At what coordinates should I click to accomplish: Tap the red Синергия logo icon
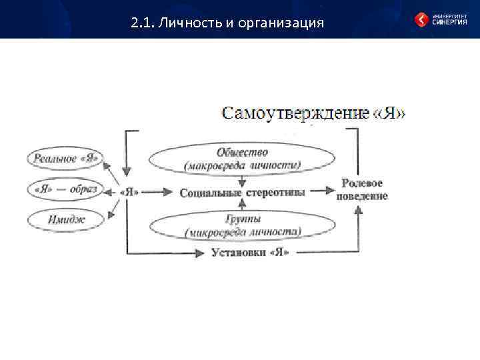[421, 20]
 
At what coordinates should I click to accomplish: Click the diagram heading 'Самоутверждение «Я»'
[313, 112]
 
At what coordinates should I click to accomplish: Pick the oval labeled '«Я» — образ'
[65, 189]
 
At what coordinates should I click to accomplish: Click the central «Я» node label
[129, 191]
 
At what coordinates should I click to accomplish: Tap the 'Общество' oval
[243, 159]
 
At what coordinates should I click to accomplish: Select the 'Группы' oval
[243, 225]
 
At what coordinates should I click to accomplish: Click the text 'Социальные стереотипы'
[243, 192]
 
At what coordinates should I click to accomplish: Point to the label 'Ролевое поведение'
[362, 189]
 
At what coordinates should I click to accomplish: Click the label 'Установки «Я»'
[250, 252]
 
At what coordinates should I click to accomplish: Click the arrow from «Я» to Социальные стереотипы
[157, 191]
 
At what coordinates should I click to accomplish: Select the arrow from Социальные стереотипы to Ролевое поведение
[323, 191]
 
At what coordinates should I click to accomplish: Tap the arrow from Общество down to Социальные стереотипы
[243, 180]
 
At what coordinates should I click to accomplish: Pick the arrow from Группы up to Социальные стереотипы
[243, 205]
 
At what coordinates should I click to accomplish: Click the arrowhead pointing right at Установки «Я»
[201, 252]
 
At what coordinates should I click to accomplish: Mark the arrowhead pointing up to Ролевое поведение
[359, 211]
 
